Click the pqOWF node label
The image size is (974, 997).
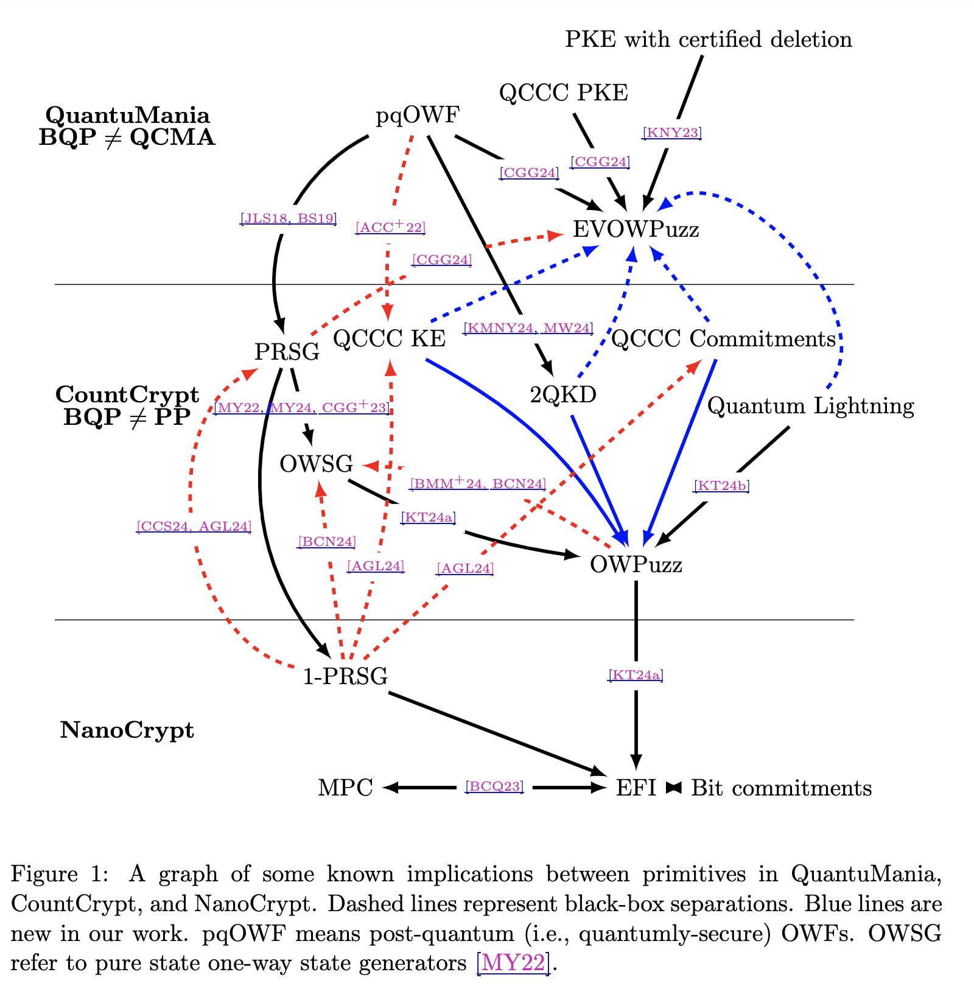point(418,115)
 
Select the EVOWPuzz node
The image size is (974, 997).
point(636,229)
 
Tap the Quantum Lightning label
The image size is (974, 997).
point(811,406)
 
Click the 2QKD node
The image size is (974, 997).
point(563,395)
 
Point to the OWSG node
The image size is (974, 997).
point(316,464)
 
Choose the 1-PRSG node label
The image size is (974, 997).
point(345,676)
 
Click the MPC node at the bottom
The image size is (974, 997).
point(345,788)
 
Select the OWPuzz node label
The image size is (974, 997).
point(636,565)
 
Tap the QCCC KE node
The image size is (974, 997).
point(390,339)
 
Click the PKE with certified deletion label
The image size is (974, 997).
point(709,40)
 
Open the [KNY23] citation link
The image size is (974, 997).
point(672,133)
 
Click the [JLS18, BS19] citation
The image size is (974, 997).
point(288,218)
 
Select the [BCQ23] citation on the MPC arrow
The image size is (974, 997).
point(494,786)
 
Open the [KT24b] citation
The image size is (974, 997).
point(721,486)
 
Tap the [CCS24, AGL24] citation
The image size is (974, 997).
point(194,526)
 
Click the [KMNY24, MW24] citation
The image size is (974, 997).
point(528,329)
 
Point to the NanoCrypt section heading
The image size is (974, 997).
point(127,730)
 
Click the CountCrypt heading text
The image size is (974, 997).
point(127,395)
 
